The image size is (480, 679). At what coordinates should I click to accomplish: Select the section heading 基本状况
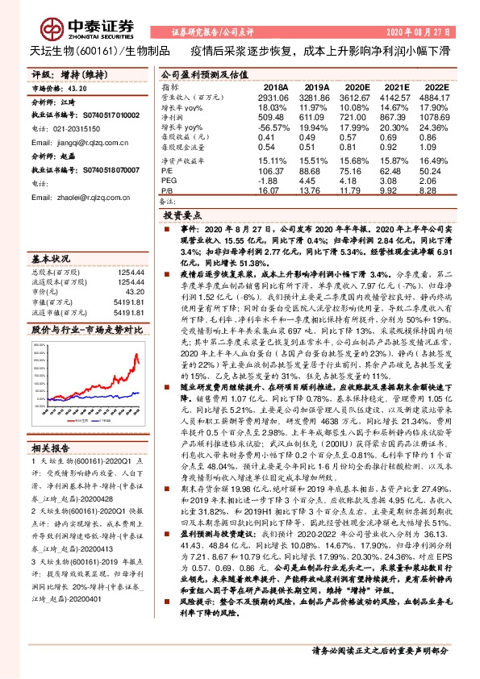[x=48, y=260]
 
